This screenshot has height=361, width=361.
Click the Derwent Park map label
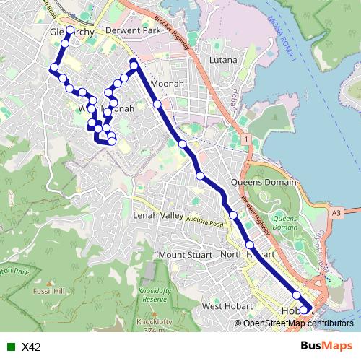coord(131,32)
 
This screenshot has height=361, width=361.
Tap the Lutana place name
coord(223,60)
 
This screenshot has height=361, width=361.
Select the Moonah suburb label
coord(169,84)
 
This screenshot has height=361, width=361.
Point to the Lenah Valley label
coord(159,215)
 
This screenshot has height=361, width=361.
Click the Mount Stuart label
coord(185,255)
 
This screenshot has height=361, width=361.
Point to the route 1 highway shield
coord(246,137)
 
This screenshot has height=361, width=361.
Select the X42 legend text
coord(31,347)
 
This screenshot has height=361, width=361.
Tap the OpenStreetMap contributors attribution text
coord(297,323)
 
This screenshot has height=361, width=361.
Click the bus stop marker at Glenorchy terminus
coord(70,31)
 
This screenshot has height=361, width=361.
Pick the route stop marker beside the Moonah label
coord(157,105)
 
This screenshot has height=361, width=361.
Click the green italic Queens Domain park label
coord(285,222)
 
